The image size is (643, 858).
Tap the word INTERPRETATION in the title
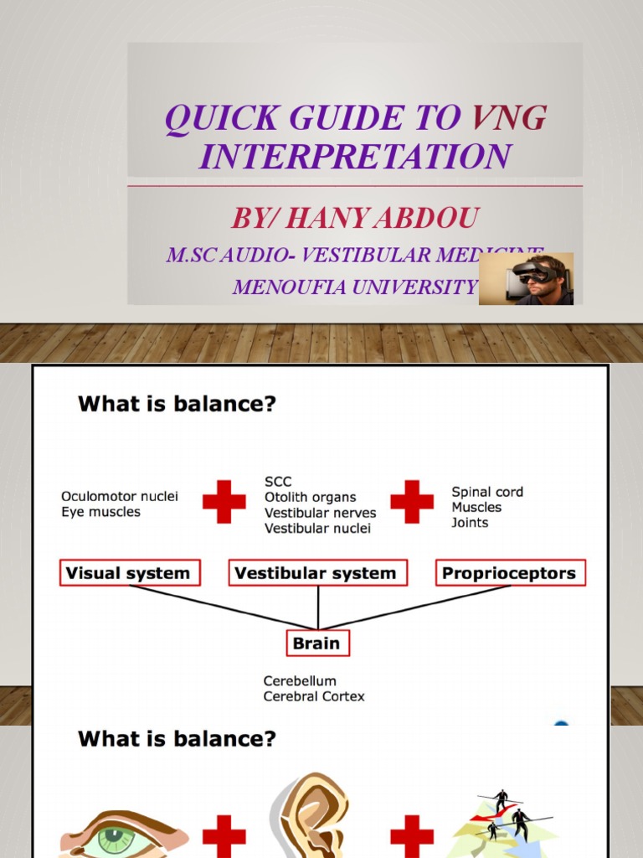(x=355, y=157)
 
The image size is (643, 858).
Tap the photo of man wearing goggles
(x=526, y=279)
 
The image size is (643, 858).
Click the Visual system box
(x=129, y=573)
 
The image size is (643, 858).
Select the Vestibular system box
(x=317, y=573)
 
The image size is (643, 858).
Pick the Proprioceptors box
(x=510, y=573)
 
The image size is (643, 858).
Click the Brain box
(x=316, y=643)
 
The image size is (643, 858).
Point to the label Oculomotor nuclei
(x=119, y=497)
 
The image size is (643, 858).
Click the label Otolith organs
(x=310, y=498)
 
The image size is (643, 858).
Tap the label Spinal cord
(x=486, y=492)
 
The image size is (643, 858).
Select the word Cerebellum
(x=300, y=681)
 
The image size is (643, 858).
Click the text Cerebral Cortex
(x=314, y=696)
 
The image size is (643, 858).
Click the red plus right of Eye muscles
(x=224, y=502)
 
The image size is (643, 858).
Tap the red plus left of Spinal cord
(x=412, y=502)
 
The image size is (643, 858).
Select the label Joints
(x=470, y=523)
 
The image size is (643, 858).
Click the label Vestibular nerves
(x=320, y=513)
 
